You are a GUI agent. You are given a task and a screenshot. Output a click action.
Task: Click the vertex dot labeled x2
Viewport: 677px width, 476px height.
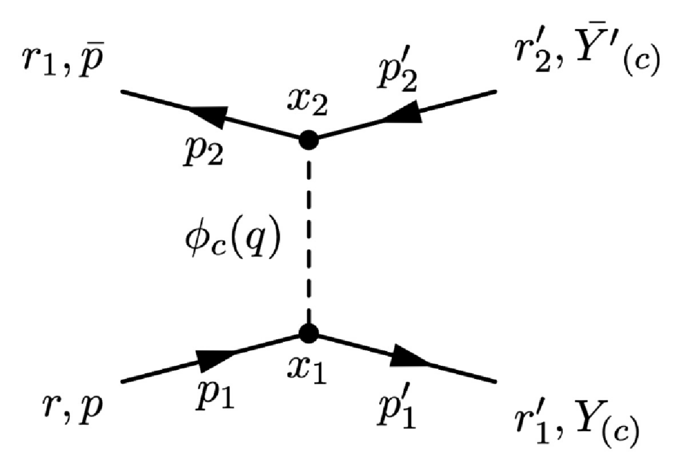click(x=308, y=139)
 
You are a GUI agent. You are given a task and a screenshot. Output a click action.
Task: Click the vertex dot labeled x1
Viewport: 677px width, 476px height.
click(x=308, y=333)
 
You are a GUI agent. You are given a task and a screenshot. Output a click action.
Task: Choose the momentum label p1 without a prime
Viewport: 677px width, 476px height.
click(x=214, y=398)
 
